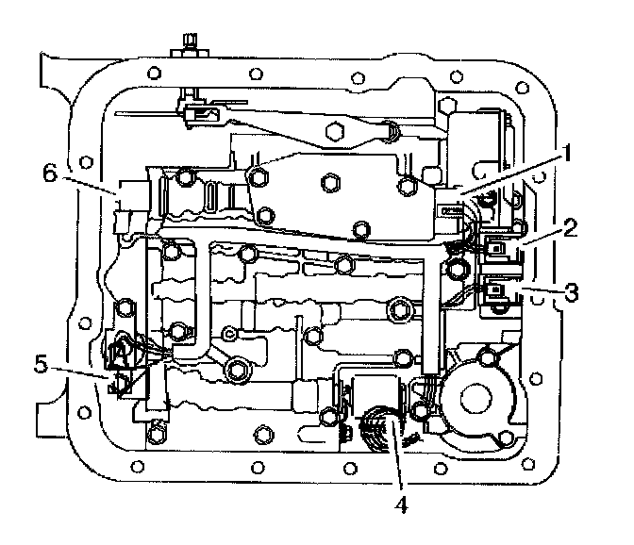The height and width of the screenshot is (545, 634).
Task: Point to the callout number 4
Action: click(x=400, y=504)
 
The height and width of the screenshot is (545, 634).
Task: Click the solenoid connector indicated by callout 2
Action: click(x=498, y=252)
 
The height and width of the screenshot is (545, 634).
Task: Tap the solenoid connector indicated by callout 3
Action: click(x=498, y=293)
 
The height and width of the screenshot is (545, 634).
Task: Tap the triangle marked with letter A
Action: click(x=122, y=352)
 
